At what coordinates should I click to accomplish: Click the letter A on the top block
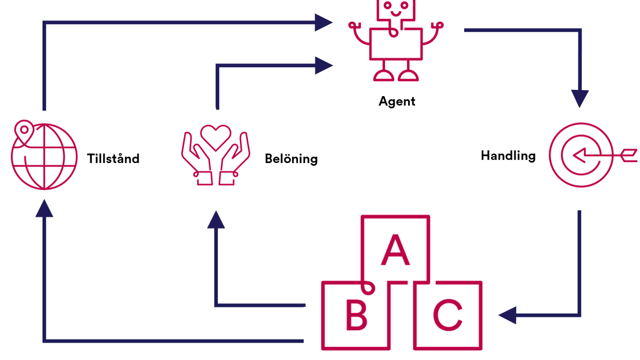pyautogui.click(x=395, y=250)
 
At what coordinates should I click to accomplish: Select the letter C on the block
pyautogui.click(x=448, y=315)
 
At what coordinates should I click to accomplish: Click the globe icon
pyautogui.click(x=44, y=157)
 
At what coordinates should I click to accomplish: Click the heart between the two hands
pyautogui.click(x=216, y=136)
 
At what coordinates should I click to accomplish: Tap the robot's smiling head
pyautogui.click(x=396, y=9)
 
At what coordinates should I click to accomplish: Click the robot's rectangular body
pyautogui.click(x=396, y=45)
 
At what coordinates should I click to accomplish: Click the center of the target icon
pyautogui.click(x=581, y=155)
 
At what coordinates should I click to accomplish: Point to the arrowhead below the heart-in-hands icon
pyautogui.click(x=216, y=220)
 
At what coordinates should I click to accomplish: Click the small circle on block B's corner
pyautogui.click(x=368, y=289)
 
